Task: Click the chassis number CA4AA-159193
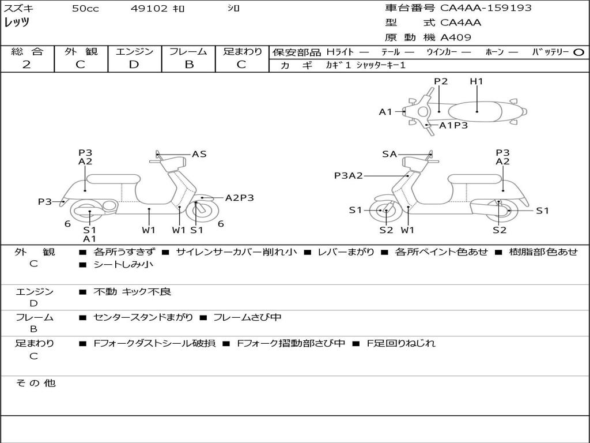click(x=486, y=7)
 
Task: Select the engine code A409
click(x=455, y=37)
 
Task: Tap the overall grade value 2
click(x=27, y=65)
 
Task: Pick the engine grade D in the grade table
click(x=134, y=65)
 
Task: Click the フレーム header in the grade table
click(x=188, y=51)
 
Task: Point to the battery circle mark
click(x=578, y=52)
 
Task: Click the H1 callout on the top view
click(x=476, y=81)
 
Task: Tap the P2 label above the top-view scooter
click(x=441, y=81)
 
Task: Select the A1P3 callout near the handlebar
click(x=453, y=125)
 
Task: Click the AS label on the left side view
click(x=199, y=154)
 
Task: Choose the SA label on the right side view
click(x=389, y=154)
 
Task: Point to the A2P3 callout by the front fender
click(x=239, y=198)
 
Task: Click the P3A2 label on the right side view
click(x=349, y=175)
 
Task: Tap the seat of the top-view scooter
click(x=475, y=112)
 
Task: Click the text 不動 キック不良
click(x=132, y=291)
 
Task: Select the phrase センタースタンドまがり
click(x=143, y=318)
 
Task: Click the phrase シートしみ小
click(x=123, y=264)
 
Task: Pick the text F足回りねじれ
click(x=401, y=343)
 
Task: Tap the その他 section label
click(x=35, y=383)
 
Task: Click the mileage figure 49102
click(x=149, y=8)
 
